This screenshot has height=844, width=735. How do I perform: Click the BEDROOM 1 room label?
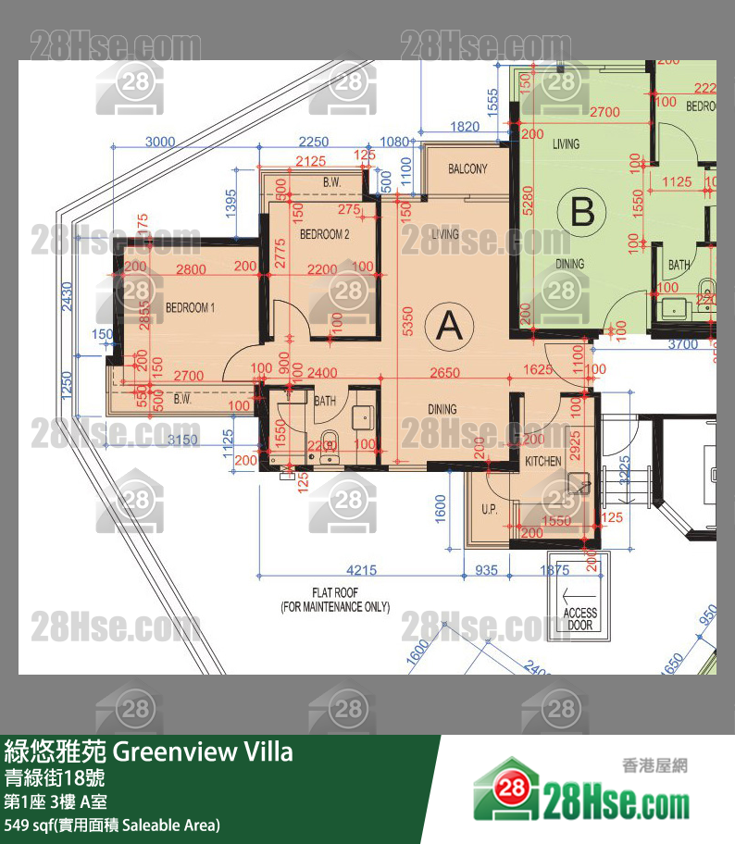tap(190, 307)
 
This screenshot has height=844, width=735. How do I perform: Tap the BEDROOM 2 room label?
tap(324, 235)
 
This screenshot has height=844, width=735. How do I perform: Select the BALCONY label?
tap(467, 169)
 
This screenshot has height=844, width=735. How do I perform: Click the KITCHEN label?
tap(543, 461)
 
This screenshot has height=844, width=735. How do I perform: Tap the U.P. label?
tap(490, 510)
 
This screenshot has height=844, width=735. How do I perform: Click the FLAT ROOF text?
tap(335, 600)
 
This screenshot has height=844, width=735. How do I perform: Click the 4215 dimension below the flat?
tap(362, 570)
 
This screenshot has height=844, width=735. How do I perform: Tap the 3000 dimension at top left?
tap(160, 142)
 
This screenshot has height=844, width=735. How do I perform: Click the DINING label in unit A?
tap(442, 409)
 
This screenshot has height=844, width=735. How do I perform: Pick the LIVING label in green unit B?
tap(566, 143)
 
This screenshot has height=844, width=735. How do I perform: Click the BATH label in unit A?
tap(325, 402)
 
